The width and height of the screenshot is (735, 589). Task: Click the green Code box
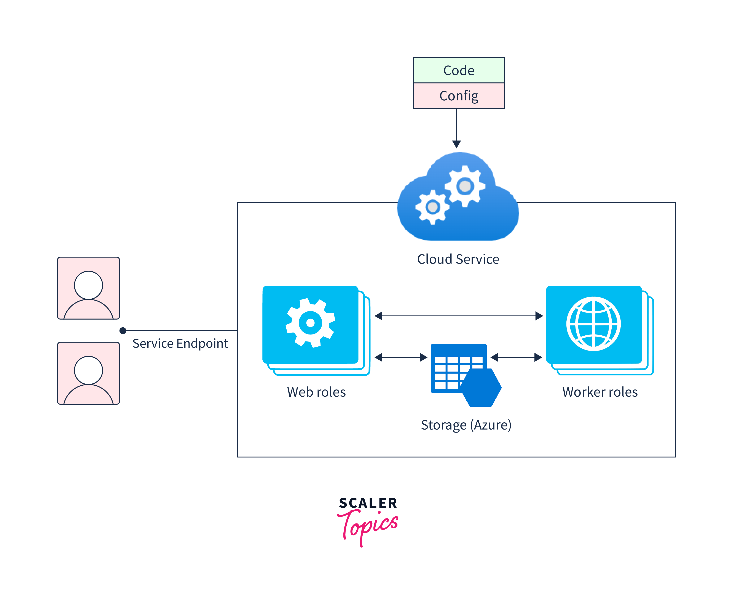coord(459,70)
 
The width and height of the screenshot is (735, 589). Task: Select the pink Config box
coord(459,96)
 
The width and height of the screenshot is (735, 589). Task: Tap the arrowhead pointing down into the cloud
coord(456,144)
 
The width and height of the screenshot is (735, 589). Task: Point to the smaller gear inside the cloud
coord(433,207)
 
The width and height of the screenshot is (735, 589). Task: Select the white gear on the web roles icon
coord(310,323)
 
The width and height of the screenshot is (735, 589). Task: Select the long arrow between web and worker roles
coord(459,316)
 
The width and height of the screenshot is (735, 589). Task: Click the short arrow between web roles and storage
coord(401,357)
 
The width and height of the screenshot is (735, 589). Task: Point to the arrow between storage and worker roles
coord(516,357)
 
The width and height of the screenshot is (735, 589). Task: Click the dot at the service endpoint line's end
coord(123,331)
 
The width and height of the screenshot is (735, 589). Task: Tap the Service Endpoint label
coord(180,344)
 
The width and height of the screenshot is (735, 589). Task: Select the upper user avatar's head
coord(89,285)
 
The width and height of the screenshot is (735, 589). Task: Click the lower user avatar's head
coord(89,370)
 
